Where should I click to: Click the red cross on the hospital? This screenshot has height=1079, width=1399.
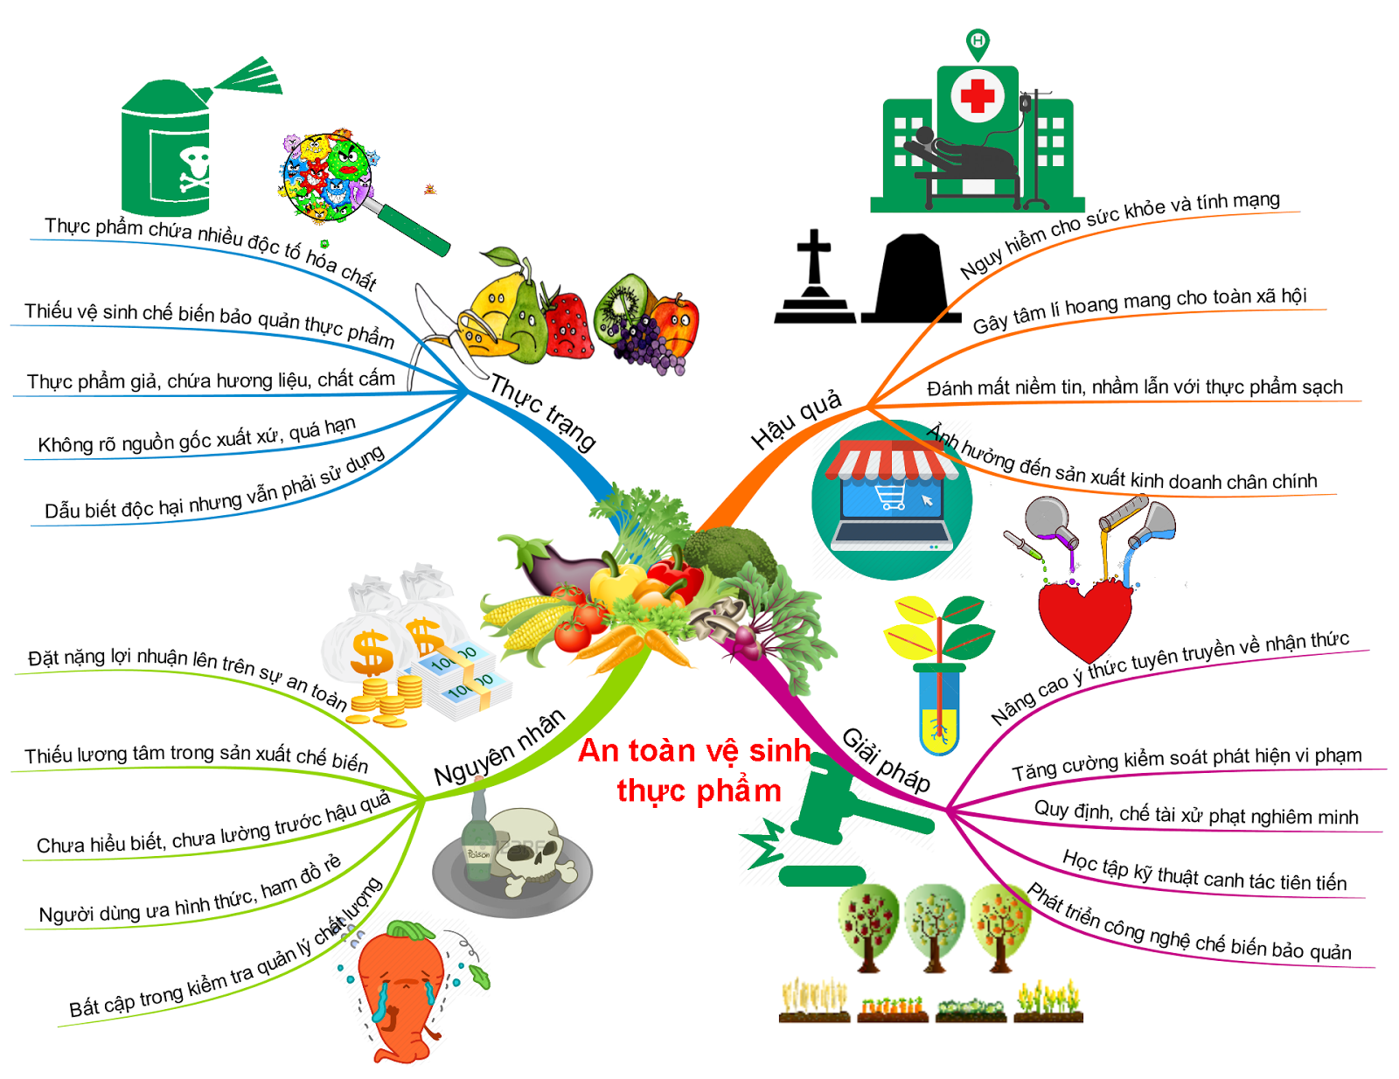click(977, 95)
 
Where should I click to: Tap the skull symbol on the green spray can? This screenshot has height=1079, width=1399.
click(194, 169)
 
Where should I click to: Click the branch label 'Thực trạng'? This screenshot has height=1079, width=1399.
click(543, 411)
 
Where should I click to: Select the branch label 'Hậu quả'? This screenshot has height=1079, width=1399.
click(796, 420)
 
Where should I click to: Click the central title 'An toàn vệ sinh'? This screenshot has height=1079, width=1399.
click(695, 750)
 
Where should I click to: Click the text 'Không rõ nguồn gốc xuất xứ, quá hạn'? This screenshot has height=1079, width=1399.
click(197, 435)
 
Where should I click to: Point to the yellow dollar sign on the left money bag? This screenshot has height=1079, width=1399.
click(371, 652)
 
